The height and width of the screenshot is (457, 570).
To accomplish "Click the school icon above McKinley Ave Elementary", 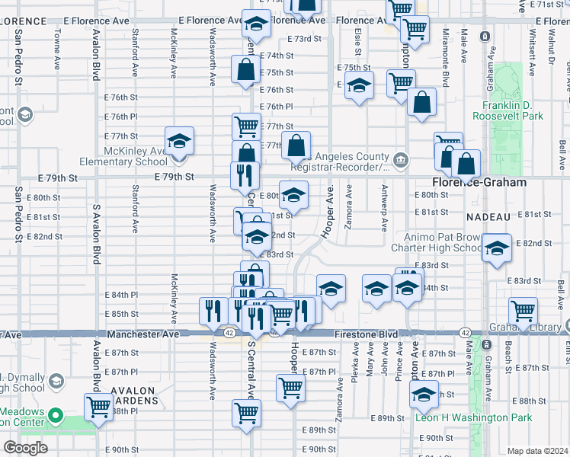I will point(179,141).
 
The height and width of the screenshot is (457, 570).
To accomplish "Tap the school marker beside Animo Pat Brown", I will point(497,249).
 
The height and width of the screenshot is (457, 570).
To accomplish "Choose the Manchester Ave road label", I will point(142,334).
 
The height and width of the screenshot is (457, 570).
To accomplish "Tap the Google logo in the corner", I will point(25,447).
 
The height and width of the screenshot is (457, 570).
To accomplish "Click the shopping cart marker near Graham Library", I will point(523,311).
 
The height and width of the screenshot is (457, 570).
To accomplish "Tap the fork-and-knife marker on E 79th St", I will point(245,175).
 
